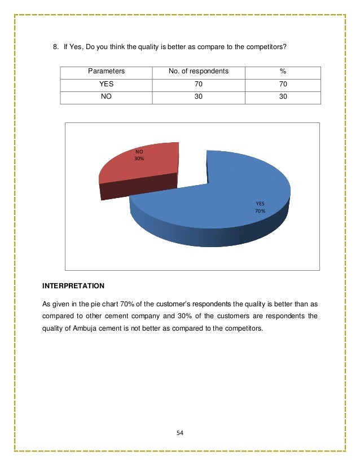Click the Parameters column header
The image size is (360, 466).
106,72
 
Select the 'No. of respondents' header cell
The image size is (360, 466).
198,72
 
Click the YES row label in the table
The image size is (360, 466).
106,84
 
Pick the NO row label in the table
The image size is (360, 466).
106,97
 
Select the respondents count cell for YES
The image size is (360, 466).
198,84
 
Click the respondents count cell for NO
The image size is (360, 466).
198,97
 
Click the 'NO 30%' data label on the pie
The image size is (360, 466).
139,155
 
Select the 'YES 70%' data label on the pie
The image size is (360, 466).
260,208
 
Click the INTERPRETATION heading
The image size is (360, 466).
73,285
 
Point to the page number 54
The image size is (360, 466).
180,433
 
